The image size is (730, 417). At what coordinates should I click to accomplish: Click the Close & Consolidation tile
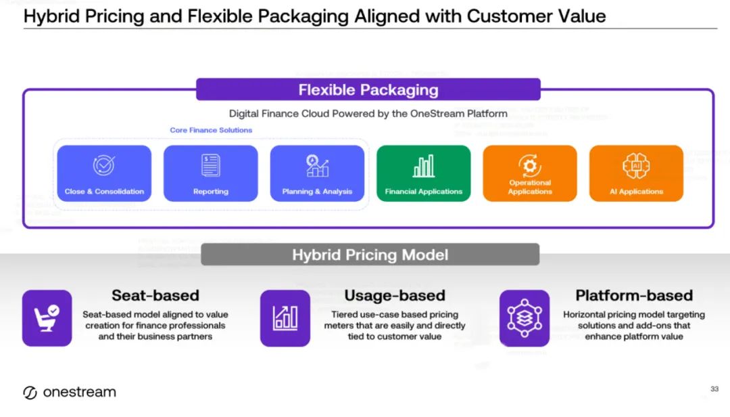[104, 173]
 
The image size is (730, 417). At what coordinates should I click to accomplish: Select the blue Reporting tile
[211, 173]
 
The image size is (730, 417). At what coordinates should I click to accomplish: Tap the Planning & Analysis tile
[317, 173]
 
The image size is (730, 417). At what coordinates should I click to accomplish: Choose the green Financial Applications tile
[423, 173]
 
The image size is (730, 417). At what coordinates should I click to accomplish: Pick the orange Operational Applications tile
[530, 173]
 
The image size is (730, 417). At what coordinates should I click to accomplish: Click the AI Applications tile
[636, 173]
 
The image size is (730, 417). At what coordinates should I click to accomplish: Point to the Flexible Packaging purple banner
[368, 90]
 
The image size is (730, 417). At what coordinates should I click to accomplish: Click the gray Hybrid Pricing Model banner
[370, 255]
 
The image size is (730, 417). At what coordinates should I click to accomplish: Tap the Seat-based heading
[155, 295]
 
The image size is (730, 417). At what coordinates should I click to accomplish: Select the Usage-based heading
[395, 295]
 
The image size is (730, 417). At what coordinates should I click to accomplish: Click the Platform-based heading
[634, 295]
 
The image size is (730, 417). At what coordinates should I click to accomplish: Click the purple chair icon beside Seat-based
[47, 318]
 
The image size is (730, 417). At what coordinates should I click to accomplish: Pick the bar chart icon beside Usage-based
[285, 318]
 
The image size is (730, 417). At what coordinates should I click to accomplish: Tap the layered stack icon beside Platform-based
[525, 318]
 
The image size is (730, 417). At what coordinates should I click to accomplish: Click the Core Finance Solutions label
[211, 130]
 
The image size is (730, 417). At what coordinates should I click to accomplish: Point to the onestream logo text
[79, 393]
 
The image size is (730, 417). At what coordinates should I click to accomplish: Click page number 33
[714, 389]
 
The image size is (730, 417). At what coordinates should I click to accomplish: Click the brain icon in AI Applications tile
[636, 164]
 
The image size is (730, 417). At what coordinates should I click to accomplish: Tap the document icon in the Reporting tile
[211, 165]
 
